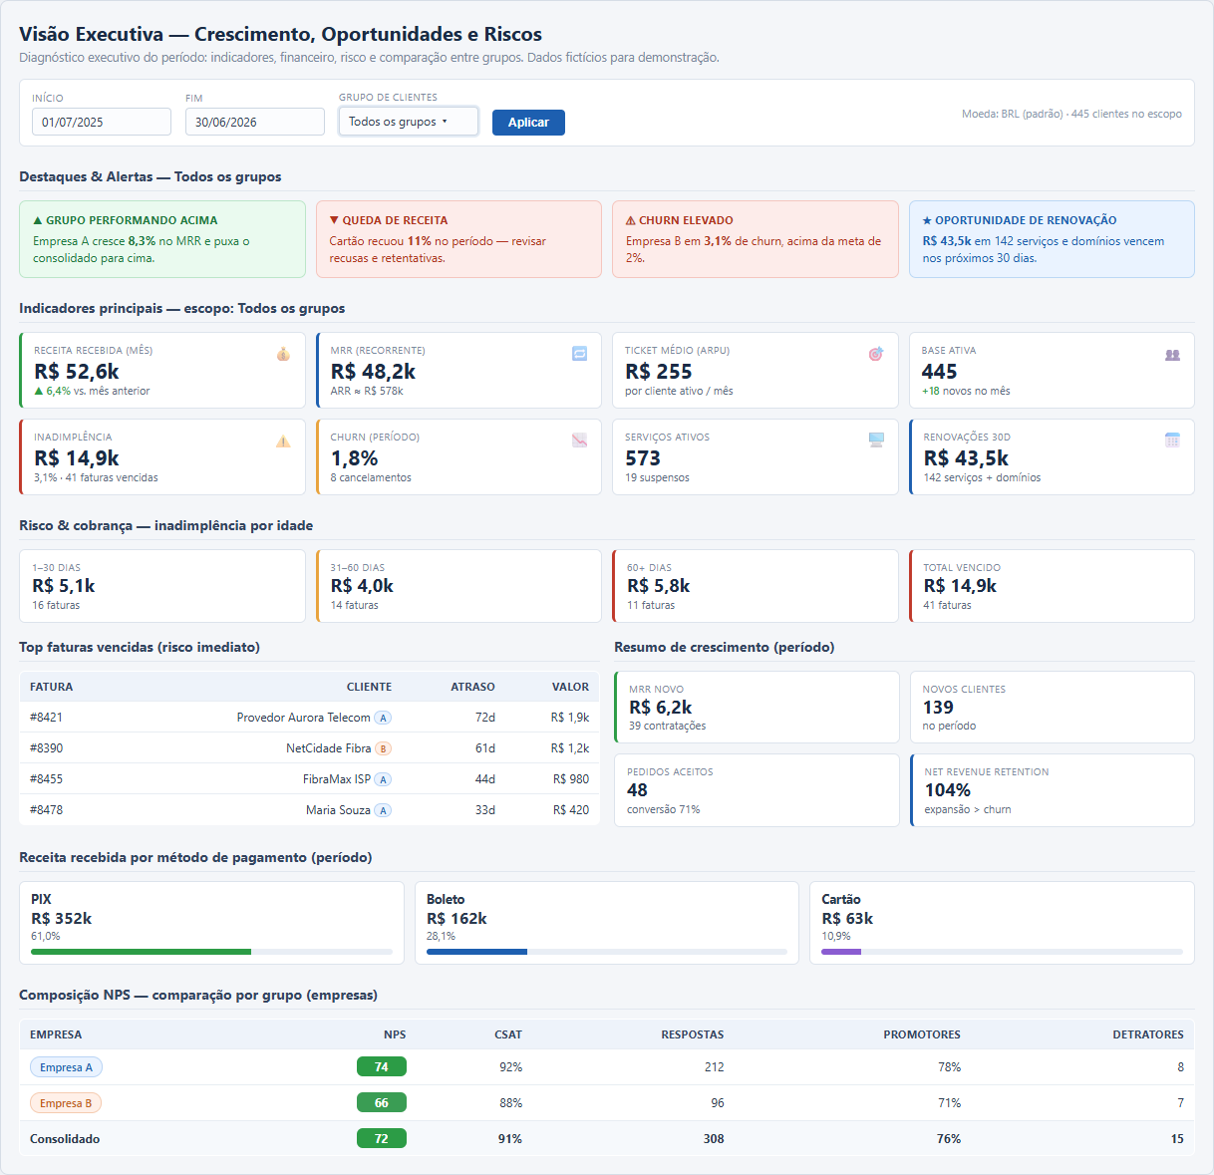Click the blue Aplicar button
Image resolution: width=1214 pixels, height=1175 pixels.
point(528,123)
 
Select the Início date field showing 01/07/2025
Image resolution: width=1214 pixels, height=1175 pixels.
point(102,122)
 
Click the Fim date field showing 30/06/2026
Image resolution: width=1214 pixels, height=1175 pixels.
point(254,122)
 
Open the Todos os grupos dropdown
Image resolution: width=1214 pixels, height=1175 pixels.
point(408,121)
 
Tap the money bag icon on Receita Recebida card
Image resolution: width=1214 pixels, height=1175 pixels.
point(283,354)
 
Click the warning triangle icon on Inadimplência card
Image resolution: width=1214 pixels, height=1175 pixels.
point(283,441)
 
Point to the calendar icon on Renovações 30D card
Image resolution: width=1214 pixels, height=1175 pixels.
point(1172,441)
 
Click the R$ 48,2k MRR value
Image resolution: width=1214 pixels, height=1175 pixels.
point(373,372)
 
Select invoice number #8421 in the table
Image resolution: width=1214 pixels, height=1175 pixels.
point(46,718)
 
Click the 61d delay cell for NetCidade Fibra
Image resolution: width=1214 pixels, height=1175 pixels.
point(484,747)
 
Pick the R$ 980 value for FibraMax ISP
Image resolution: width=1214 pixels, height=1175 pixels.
point(571,779)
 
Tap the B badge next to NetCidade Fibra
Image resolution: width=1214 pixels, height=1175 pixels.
point(383,748)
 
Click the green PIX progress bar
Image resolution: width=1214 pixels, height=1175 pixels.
point(141,952)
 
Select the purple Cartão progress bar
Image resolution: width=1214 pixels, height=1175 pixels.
point(841,952)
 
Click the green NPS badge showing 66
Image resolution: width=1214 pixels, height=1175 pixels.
point(381,1102)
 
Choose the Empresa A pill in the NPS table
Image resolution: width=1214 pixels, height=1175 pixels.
point(66,1067)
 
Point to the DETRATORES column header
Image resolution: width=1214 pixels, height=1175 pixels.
point(1148,1034)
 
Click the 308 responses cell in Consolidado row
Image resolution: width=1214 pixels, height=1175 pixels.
point(714,1139)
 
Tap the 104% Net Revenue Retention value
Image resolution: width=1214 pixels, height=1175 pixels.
point(947,790)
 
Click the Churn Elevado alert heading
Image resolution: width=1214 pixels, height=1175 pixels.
point(680,220)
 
